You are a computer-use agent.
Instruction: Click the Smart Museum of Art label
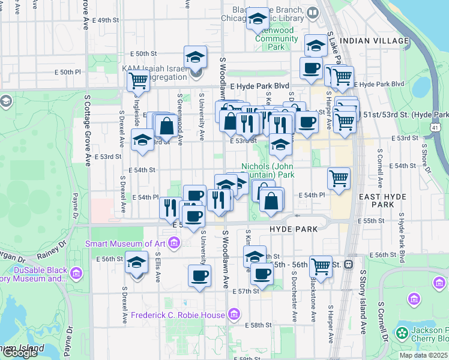click(x=126, y=243)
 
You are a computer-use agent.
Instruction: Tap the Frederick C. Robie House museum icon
click(x=234, y=314)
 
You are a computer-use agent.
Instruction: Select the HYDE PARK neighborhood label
click(x=285, y=229)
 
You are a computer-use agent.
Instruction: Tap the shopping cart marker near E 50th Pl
click(x=139, y=80)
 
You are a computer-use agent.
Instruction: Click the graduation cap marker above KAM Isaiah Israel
click(x=194, y=58)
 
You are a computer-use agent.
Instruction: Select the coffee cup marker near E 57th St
click(x=199, y=277)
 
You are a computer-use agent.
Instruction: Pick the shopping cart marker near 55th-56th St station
click(x=321, y=266)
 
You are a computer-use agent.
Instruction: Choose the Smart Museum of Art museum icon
click(x=174, y=243)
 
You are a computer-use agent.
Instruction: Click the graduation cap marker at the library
click(x=258, y=20)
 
